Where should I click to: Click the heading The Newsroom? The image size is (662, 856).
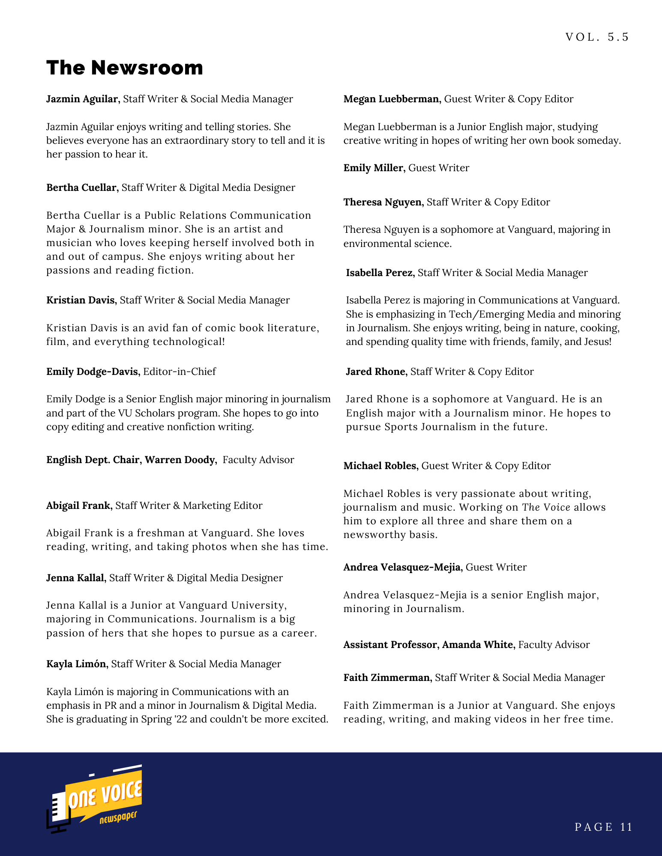(x=125, y=68)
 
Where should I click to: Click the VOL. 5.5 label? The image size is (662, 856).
(x=597, y=37)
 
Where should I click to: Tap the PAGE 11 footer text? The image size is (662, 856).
(x=603, y=827)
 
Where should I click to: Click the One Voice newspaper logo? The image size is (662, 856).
(x=95, y=799)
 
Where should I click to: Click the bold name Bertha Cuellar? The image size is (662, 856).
(x=81, y=187)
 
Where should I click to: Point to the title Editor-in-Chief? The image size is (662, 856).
(x=180, y=372)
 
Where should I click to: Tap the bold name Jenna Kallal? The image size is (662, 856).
(x=75, y=578)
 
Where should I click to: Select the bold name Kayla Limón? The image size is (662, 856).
(x=76, y=664)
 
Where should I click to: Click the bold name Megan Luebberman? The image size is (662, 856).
(x=392, y=99)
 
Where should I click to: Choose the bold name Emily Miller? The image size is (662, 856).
(x=374, y=168)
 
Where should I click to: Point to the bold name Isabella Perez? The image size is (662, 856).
(x=380, y=273)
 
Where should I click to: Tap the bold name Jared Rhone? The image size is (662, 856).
(x=376, y=372)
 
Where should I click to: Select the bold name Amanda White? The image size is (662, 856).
(x=478, y=645)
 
